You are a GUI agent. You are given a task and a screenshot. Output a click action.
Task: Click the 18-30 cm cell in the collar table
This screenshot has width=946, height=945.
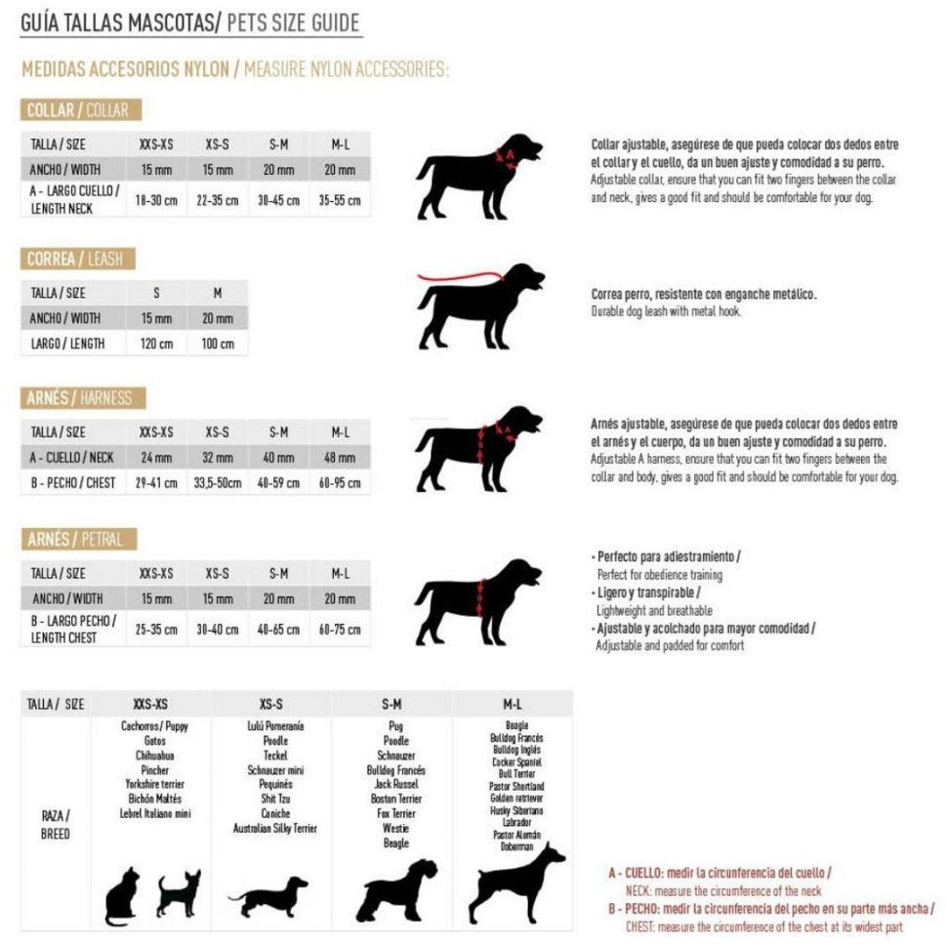click(x=156, y=199)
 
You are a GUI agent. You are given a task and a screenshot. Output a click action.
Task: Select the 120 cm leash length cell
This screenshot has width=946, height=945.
click(x=156, y=344)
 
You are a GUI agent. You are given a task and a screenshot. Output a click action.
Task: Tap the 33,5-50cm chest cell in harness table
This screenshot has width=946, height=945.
click(x=217, y=482)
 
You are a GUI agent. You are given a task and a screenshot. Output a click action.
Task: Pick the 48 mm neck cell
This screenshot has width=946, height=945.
click(x=340, y=456)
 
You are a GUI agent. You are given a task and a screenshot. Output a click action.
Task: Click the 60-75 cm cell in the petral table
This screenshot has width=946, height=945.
click(x=340, y=630)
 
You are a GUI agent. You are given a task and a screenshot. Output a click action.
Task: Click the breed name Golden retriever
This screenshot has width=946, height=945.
click(x=515, y=799)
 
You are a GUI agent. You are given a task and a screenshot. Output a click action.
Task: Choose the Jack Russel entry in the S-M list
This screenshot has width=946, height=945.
click(x=395, y=784)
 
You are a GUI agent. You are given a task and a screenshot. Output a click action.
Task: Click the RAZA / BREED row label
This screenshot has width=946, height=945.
click(x=55, y=824)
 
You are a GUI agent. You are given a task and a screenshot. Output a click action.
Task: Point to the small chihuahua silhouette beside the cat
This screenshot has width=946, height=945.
click(x=179, y=893)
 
